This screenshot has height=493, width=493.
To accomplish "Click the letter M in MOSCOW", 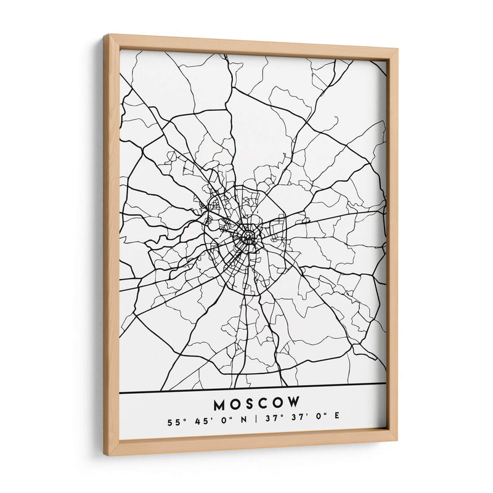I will [x=221, y=405].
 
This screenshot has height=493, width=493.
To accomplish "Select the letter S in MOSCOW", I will [x=250, y=404].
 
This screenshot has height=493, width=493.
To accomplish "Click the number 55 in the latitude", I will [x=171, y=423].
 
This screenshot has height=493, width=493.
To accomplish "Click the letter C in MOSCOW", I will [x=264, y=404].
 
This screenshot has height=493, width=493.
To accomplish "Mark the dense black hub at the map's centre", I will [x=248, y=235].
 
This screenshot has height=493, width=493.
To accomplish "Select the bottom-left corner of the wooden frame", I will [x=105, y=454].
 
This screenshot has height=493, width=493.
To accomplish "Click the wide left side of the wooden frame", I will [x=112, y=246].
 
